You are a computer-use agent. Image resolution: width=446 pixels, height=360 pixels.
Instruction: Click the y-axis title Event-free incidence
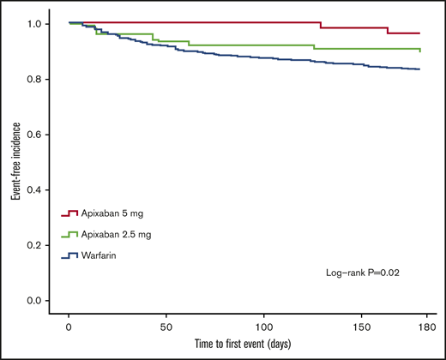coord(15,162)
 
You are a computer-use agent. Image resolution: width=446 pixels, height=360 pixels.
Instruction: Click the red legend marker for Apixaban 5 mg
coord(69,213)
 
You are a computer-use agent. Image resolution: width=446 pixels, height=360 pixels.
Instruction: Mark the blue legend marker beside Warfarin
coord(69,255)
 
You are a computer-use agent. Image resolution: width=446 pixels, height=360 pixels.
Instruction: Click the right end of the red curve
coord(419,33)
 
